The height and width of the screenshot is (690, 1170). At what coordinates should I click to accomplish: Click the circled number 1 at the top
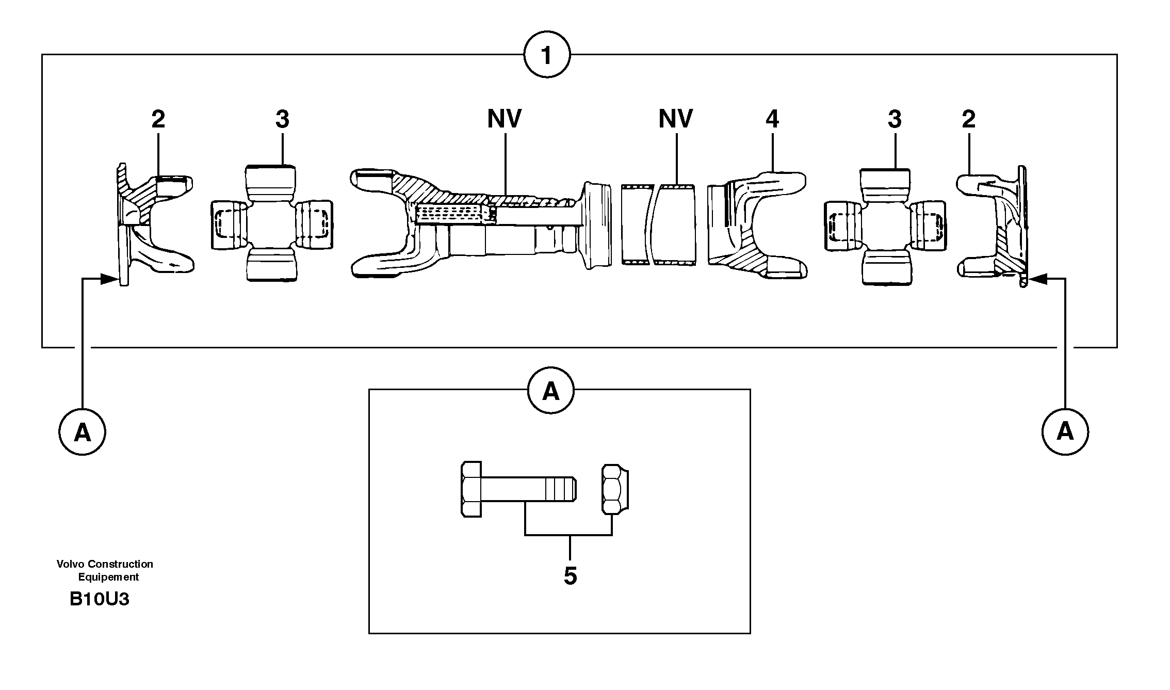(546, 55)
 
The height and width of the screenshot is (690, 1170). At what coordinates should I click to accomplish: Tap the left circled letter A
(82, 432)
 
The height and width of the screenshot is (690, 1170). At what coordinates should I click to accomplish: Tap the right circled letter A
(1065, 432)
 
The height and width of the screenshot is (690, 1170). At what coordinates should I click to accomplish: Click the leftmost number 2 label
(158, 120)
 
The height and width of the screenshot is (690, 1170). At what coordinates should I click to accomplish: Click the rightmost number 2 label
(968, 120)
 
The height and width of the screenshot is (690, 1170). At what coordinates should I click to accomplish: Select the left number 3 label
(282, 120)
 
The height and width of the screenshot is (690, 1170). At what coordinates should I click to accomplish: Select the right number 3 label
(894, 120)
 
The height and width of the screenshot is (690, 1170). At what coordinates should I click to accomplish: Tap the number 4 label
(772, 120)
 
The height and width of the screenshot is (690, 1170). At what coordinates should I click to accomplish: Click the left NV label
(504, 119)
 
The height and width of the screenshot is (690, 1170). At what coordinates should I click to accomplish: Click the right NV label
(675, 119)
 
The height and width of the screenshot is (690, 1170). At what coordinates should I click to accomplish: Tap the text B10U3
(99, 599)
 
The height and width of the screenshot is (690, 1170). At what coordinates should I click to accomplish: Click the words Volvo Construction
(105, 564)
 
